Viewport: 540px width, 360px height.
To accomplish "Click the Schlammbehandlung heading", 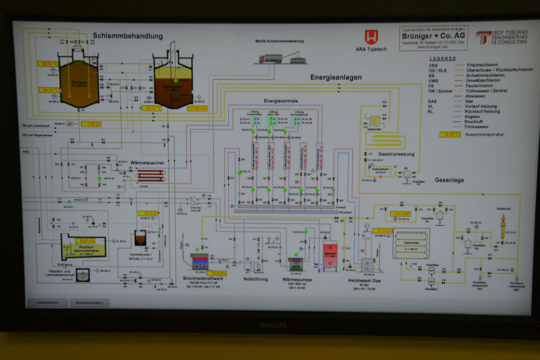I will pyautogui.click(x=128, y=36).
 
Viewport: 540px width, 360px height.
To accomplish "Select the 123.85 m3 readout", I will pyautogui.click(x=197, y=108).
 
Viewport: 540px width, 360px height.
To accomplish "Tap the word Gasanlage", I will pyautogui.click(x=449, y=180).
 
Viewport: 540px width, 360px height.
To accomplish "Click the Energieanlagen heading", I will pyautogui.click(x=335, y=76).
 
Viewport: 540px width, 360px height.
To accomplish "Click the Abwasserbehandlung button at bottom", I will pyautogui.click(x=89, y=303).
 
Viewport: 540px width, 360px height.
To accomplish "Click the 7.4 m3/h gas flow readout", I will pyautogui.click(x=400, y=214).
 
